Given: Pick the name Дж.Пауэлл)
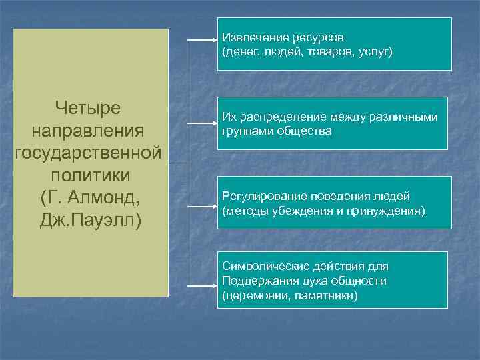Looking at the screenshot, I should click(91, 220).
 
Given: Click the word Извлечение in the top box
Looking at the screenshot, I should click(252, 37).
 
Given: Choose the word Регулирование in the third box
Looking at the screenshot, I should click(258, 197).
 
